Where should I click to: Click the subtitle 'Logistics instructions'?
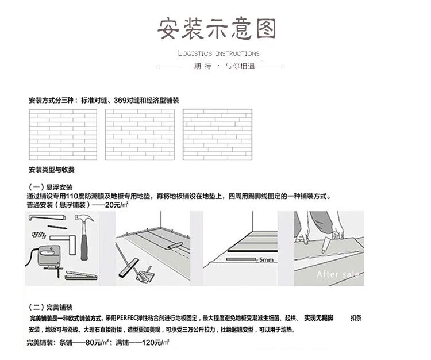pyautogui.click(x=218, y=53)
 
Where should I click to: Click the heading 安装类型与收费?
pyautogui.click(x=52, y=170)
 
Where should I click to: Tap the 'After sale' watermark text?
pyautogui.click(x=337, y=274)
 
